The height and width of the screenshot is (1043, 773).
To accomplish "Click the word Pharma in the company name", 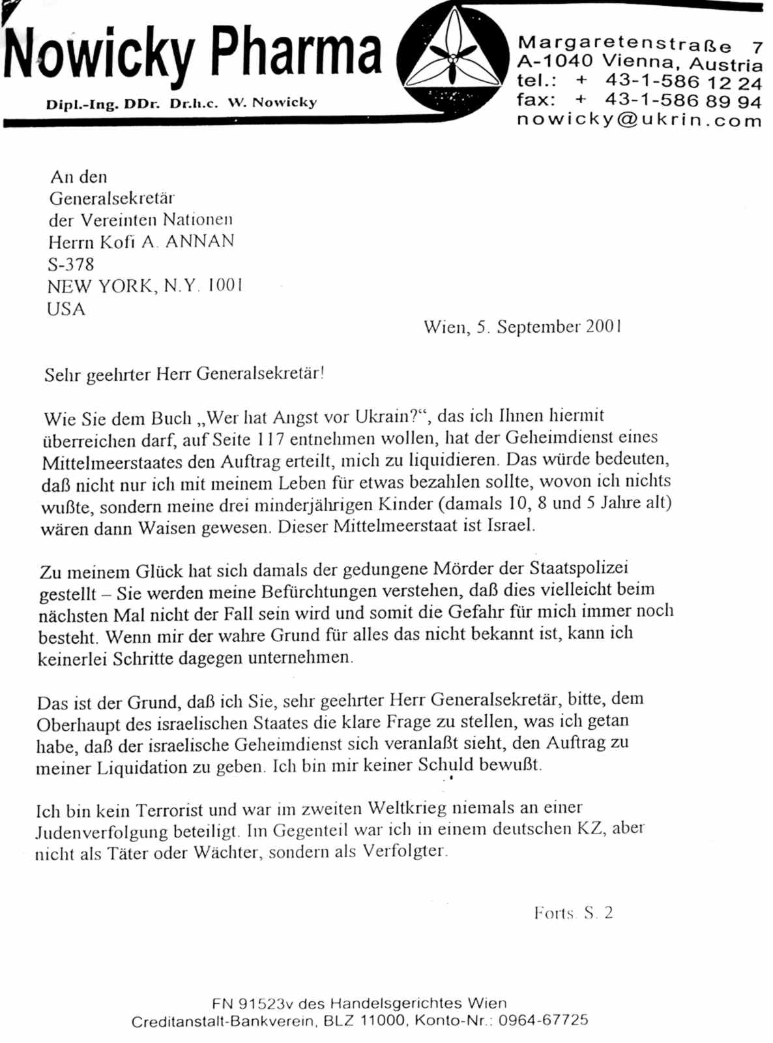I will (296, 52).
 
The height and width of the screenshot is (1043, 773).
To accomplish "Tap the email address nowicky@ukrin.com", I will (639, 120).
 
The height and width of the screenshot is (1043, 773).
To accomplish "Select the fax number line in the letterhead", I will (639, 100).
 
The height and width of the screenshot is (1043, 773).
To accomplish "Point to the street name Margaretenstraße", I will (624, 44).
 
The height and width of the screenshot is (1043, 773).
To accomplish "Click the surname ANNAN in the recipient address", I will (199, 241).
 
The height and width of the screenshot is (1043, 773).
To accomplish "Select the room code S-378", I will (70, 264).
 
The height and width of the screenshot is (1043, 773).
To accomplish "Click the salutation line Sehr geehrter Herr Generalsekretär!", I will (184, 374).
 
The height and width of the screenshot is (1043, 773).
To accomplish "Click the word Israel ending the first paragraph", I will (510, 526).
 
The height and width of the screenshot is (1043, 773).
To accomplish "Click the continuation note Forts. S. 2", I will (573, 913).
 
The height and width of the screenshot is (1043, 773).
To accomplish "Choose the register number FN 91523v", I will (255, 1003).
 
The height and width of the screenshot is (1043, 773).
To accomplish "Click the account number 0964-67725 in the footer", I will (543, 1020).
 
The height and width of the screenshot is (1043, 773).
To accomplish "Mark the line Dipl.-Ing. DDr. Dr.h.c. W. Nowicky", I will (181, 104).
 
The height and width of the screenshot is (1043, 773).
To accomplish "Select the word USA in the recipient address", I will (66, 309).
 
